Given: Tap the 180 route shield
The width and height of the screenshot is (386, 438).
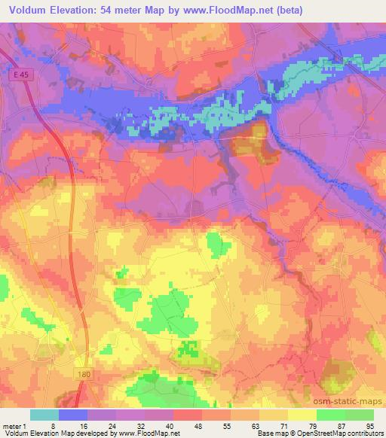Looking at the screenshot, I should (87, 373).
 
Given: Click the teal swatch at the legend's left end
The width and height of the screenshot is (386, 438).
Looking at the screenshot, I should (44, 415).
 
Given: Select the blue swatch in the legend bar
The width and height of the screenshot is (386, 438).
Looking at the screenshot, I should (73, 415).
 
